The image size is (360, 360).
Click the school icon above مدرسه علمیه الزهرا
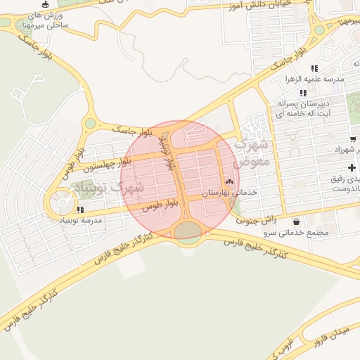click(x=314, y=68)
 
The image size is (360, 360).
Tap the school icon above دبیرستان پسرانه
click(x=303, y=93)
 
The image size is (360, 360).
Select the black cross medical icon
click(x=352, y=167)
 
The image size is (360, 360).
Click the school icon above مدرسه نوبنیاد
click(x=81, y=210)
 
